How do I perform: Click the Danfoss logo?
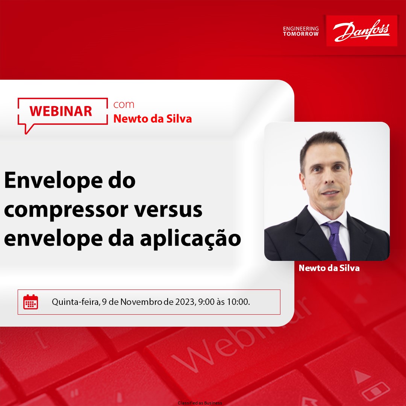pyautogui.click(x=362, y=31)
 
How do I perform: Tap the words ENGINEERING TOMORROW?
pyautogui.click(x=301, y=31)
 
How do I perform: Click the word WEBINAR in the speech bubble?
pyautogui.click(x=61, y=111)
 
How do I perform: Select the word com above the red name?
pyautogui.click(x=124, y=105)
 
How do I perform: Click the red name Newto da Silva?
pyautogui.click(x=153, y=119)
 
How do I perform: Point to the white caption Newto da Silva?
pyautogui.click(x=329, y=268)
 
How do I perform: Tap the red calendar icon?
pyautogui.click(x=31, y=302)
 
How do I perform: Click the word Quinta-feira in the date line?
pyautogui.click(x=75, y=302)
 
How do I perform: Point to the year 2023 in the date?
pyautogui.click(x=184, y=302)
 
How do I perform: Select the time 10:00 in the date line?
pyautogui.click(x=238, y=302)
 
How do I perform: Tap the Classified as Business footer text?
pyautogui.click(x=200, y=403)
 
